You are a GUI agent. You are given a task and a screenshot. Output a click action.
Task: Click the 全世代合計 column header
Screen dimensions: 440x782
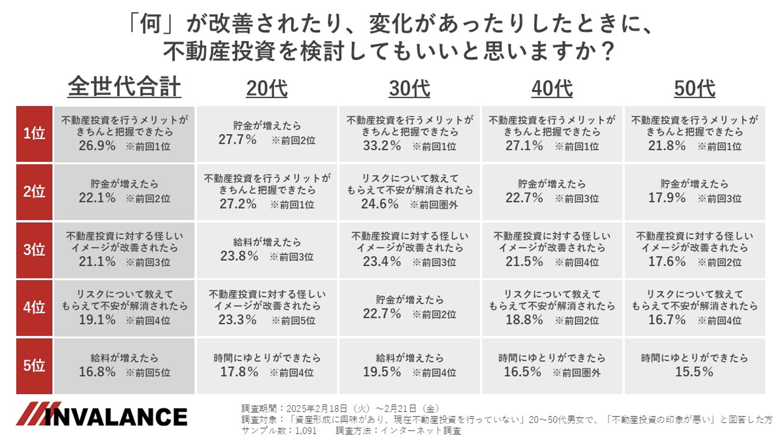point(124,87)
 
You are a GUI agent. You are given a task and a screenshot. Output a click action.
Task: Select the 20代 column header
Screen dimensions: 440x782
point(267,88)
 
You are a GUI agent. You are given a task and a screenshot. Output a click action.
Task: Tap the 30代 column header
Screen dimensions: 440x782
point(409,88)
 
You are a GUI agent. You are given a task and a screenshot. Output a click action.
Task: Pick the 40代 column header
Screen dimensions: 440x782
point(552,88)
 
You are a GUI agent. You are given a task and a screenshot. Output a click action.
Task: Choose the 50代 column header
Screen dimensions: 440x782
point(694,88)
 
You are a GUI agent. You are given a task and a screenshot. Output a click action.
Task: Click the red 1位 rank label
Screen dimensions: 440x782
point(34,134)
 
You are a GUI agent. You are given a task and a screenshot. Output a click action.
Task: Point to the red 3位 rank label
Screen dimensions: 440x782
point(34,250)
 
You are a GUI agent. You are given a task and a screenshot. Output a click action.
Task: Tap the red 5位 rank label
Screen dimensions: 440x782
point(34,366)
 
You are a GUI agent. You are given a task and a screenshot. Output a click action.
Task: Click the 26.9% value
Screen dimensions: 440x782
point(97,146)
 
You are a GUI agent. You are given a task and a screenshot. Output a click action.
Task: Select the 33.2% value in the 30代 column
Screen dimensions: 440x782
point(382,146)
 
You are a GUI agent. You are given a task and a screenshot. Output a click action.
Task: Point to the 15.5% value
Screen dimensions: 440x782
point(694,372)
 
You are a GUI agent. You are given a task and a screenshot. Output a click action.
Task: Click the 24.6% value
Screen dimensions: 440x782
point(379,204)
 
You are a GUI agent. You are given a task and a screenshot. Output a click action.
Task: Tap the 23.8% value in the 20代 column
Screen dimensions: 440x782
point(239,256)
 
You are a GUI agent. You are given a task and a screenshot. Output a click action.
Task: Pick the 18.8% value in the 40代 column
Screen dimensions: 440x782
point(524,320)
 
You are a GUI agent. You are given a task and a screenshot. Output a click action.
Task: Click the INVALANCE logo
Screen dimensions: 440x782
point(102,415)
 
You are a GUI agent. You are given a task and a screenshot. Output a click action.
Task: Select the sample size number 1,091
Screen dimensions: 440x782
point(306,431)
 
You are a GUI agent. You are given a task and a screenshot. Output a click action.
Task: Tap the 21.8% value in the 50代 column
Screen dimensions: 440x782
point(666,146)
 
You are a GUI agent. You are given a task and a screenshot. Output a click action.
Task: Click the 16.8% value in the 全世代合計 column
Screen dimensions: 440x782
point(97,372)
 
